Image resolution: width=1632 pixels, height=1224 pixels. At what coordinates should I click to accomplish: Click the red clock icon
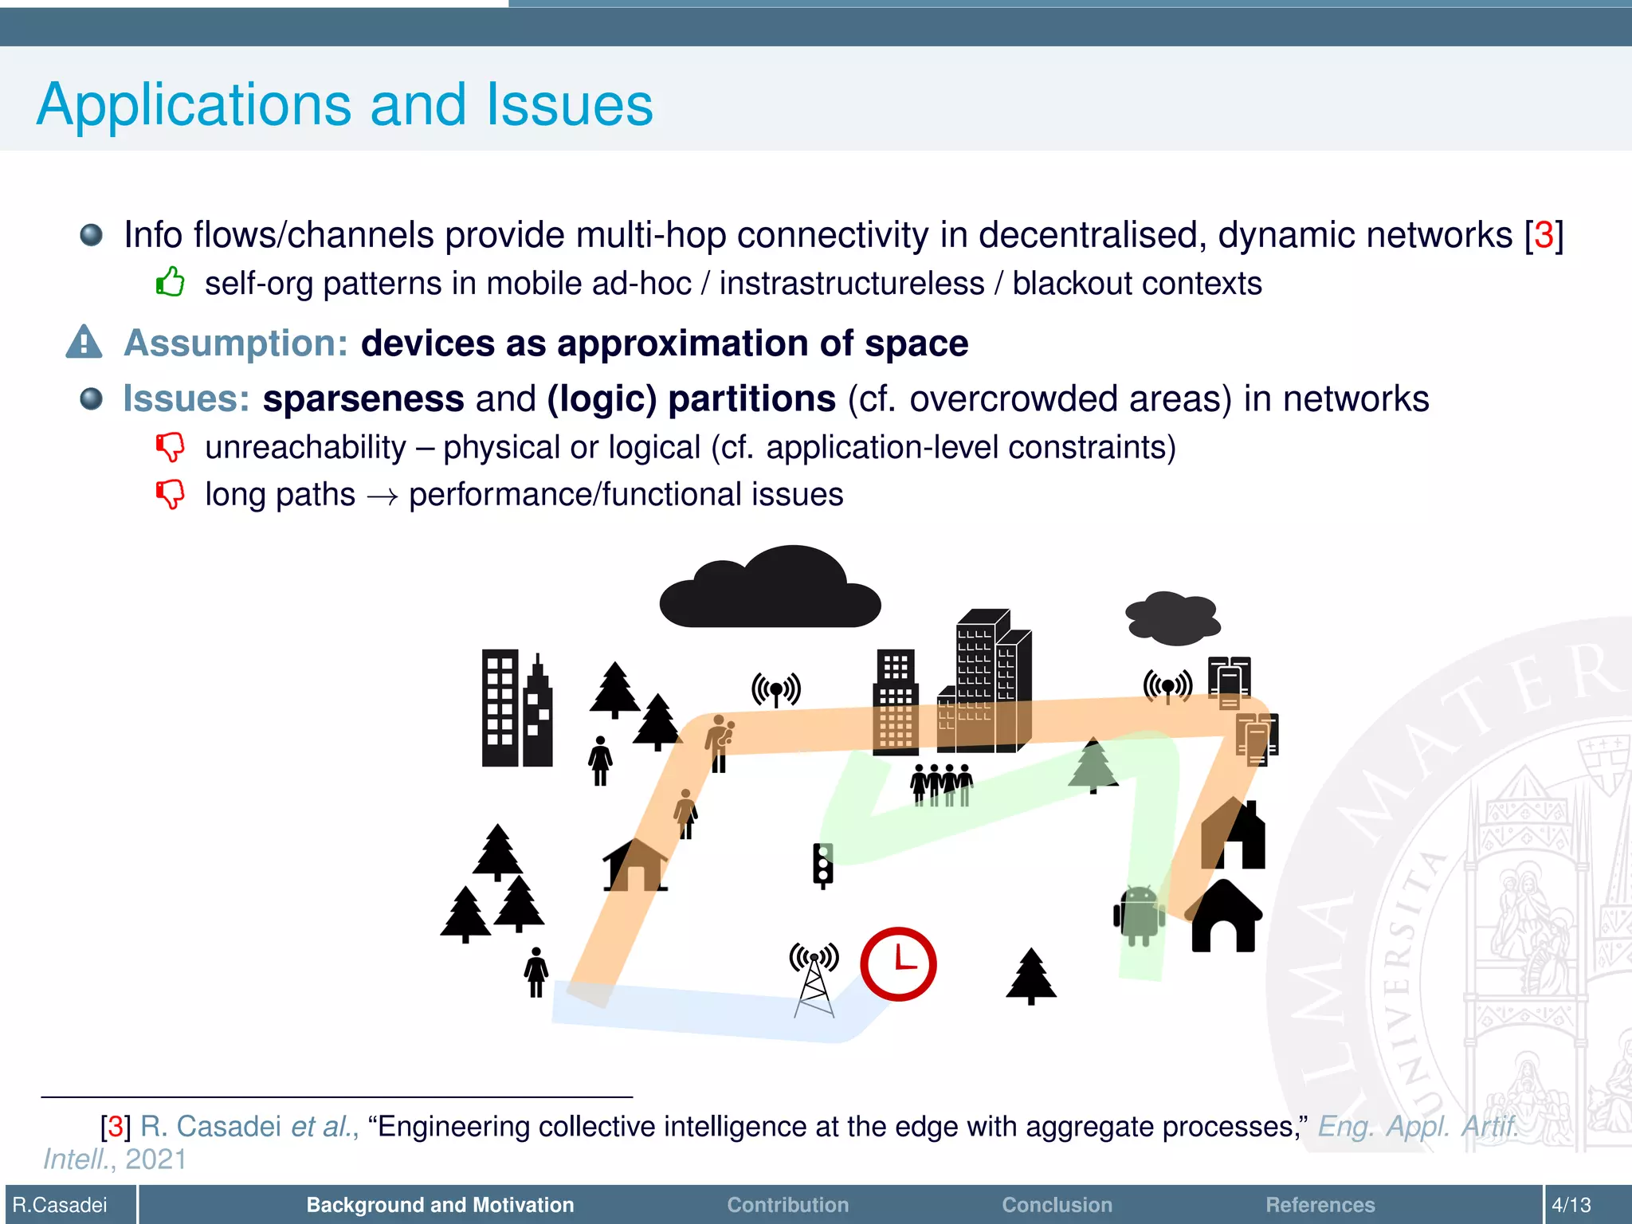[898, 963]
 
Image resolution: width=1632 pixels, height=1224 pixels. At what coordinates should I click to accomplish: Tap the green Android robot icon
[1139, 916]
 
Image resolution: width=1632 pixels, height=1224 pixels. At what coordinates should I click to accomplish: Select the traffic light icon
[823, 865]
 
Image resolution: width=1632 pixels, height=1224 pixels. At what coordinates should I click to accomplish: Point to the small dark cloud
[1172, 618]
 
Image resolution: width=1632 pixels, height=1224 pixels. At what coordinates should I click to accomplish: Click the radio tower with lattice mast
[814, 980]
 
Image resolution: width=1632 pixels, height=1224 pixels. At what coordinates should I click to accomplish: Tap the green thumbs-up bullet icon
[170, 282]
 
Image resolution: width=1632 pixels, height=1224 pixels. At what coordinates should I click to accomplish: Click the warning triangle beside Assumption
[84, 343]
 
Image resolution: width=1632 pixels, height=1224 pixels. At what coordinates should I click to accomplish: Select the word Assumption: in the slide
[236, 343]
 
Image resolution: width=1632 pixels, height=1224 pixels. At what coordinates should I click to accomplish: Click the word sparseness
[363, 398]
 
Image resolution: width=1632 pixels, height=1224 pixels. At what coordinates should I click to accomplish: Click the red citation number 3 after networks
[1544, 235]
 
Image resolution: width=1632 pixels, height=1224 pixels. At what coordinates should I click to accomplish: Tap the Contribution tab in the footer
[787, 1204]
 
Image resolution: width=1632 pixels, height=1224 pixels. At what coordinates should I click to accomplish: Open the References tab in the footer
[1320, 1204]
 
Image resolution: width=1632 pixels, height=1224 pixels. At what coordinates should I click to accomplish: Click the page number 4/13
[1571, 1204]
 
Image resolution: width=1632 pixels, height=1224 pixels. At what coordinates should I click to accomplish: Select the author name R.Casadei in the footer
[60, 1204]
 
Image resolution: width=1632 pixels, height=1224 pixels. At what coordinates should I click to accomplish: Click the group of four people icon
[942, 784]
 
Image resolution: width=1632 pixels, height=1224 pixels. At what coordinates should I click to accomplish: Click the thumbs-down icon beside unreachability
[170, 447]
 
